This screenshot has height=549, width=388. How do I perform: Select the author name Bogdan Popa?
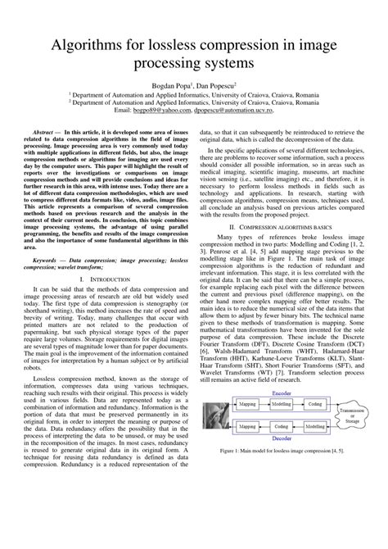(x=167, y=84)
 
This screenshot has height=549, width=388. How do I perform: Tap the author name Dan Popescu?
(x=215, y=84)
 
